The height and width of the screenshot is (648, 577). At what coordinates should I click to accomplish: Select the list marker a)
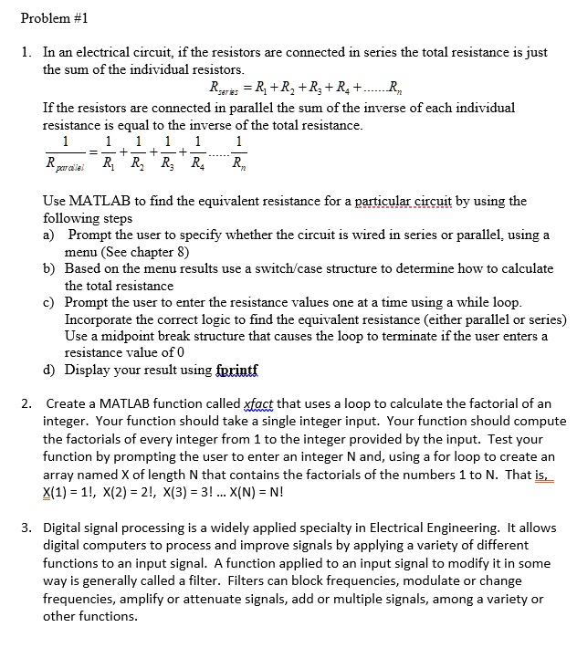(x=50, y=235)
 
